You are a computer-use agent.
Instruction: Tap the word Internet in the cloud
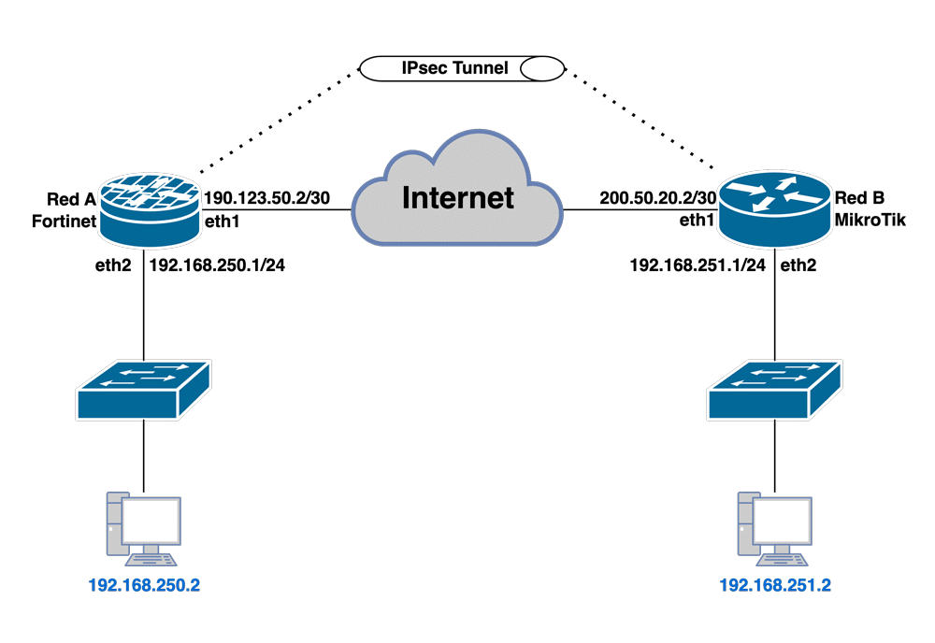pyautogui.click(x=458, y=197)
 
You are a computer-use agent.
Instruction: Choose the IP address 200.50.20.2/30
pyautogui.click(x=658, y=199)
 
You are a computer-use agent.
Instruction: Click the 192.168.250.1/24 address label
pyautogui.click(x=218, y=265)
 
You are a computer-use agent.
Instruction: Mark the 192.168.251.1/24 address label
pyautogui.click(x=698, y=265)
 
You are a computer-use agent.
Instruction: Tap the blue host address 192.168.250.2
pyautogui.click(x=144, y=587)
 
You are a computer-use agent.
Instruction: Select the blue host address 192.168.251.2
pyautogui.click(x=775, y=587)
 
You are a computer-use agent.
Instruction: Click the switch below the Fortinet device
pyautogui.click(x=145, y=387)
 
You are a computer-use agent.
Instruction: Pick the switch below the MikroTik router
pyautogui.click(x=775, y=387)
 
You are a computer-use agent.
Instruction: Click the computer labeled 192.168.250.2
pyautogui.click(x=144, y=526)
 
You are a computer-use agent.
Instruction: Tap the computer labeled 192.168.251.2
pyautogui.click(x=774, y=526)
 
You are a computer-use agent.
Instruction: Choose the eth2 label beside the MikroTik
pyautogui.click(x=798, y=265)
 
